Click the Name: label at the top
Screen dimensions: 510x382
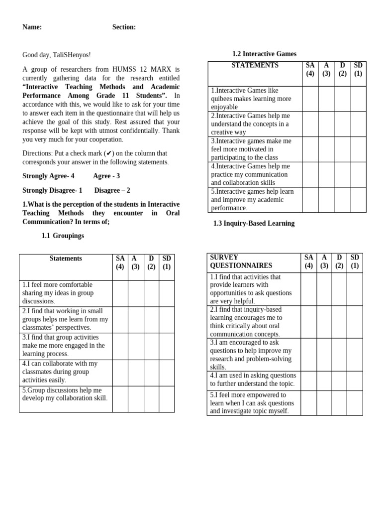pyautogui.click(x=32, y=27)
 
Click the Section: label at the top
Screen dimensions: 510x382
pyautogui.click(x=124, y=27)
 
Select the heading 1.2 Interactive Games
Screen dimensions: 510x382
pyautogui.click(x=264, y=54)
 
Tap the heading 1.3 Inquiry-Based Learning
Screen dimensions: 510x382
pyautogui.click(x=254, y=224)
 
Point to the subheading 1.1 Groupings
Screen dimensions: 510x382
pyautogui.click(x=63, y=236)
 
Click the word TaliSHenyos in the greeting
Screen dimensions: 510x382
pyautogui.click(x=72, y=55)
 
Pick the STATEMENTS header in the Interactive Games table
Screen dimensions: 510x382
pyautogui.click(x=255, y=65)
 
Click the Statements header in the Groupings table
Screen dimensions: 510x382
pyautogui.click(x=66, y=258)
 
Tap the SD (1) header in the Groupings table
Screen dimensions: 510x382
pyautogui.click(x=167, y=262)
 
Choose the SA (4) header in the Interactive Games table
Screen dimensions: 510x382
pyautogui.click(x=310, y=69)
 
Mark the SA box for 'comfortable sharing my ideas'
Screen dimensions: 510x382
pyautogui.click(x=120, y=293)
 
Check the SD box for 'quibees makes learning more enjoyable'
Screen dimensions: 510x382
pyautogui.click(x=358, y=99)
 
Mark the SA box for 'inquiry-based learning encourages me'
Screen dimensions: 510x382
pyautogui.click(x=308, y=322)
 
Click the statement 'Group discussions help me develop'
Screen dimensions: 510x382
pyautogui.click(x=65, y=394)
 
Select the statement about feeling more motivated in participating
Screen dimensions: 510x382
pyautogui.click(x=251, y=149)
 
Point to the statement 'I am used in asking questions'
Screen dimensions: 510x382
pyautogui.click(x=253, y=380)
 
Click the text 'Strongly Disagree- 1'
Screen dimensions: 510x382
pyautogui.click(x=52, y=190)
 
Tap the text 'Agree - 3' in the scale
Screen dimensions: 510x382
pyautogui.click(x=106, y=176)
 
